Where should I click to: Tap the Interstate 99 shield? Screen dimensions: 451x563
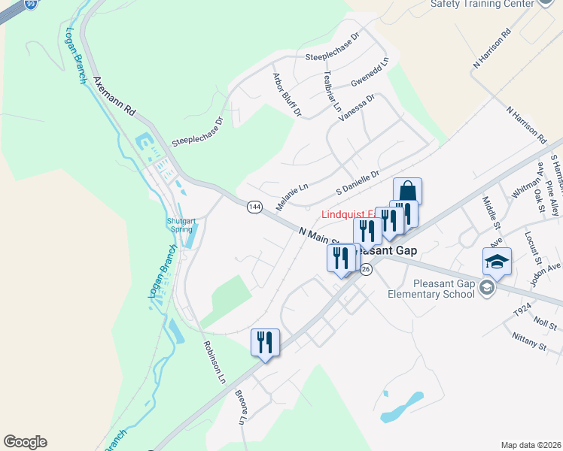pyautogui.click(x=30, y=4)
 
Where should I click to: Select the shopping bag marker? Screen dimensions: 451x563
pyautogui.click(x=407, y=191)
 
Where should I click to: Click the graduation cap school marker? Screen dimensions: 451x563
pyautogui.click(x=497, y=261)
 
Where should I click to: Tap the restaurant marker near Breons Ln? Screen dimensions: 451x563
pyautogui.click(x=265, y=342)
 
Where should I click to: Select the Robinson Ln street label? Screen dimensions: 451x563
pyautogui.click(x=214, y=362)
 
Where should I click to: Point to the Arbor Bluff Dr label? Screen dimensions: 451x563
pyautogui.click(x=286, y=95)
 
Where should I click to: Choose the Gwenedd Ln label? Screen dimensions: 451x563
pyautogui.click(x=370, y=73)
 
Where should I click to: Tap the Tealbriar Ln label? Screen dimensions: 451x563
pyautogui.click(x=331, y=91)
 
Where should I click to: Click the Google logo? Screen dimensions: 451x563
pyautogui.click(x=25, y=442)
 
